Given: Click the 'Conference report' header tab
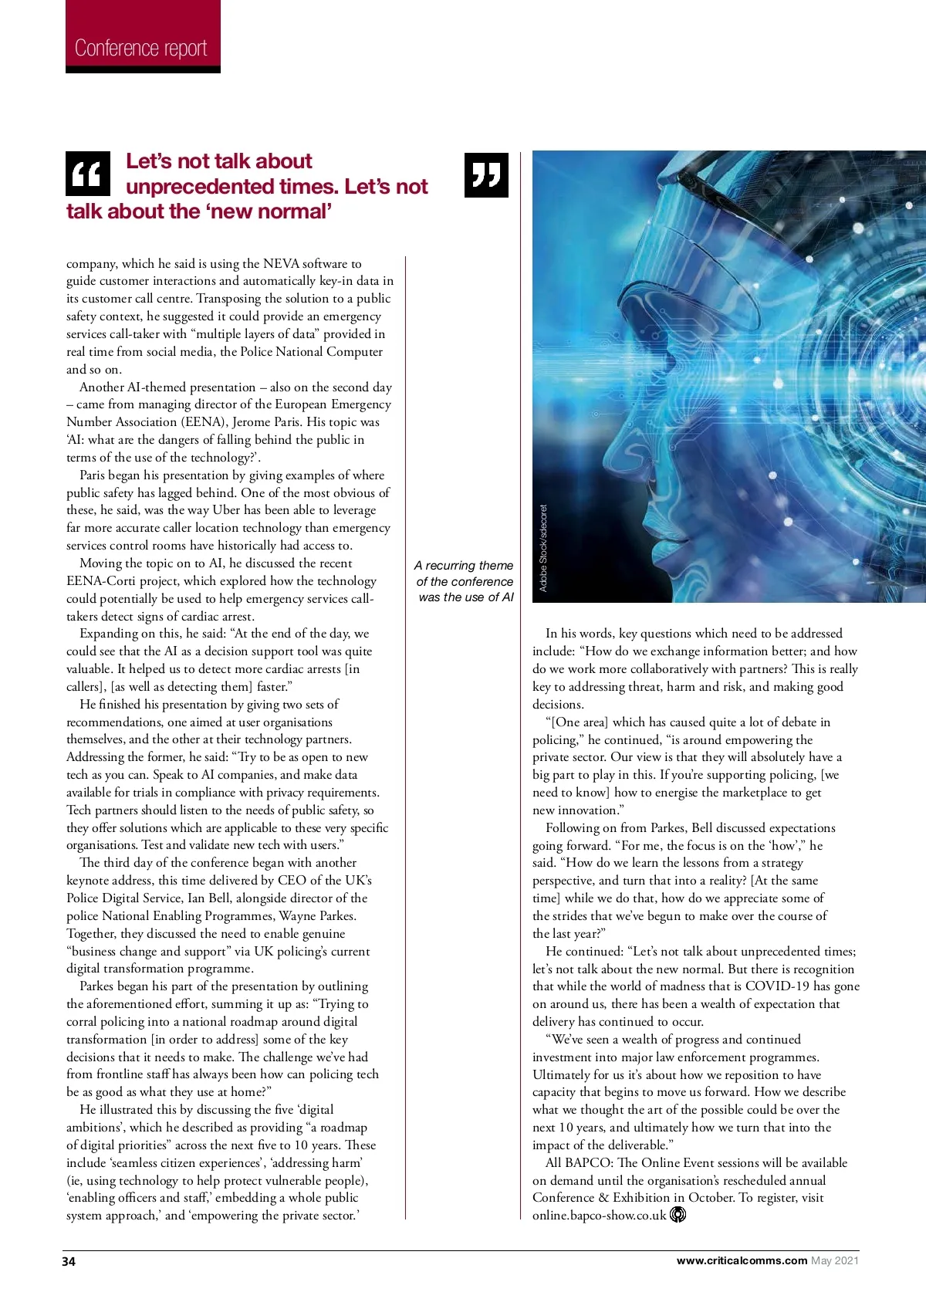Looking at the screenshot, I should coord(142,48).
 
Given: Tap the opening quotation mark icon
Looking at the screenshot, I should coord(87,174).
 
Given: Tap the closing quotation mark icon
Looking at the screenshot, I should coord(486,175).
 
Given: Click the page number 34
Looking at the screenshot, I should coord(69,1261).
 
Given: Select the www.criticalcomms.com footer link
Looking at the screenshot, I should coord(742,1260).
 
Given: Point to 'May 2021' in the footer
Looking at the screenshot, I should coord(835,1260).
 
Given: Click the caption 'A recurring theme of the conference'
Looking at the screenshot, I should coord(465,581).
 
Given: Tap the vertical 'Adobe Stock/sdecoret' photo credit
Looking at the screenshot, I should coord(543,548).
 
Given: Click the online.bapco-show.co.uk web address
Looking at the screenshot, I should coord(599,1216).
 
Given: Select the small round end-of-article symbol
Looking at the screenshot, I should coord(678,1215).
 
